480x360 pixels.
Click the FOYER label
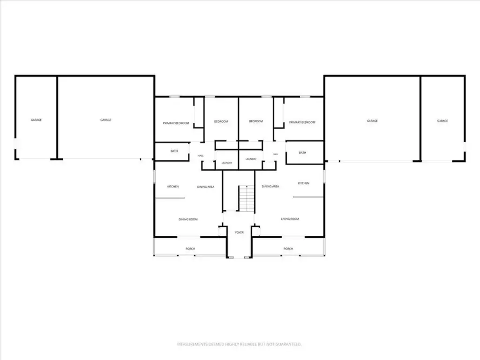pos(240,232)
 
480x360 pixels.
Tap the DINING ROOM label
pos(188,219)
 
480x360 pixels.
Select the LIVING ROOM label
pos(290,219)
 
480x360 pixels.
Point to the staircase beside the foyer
pos(247,198)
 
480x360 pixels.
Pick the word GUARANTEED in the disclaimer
pos(288,345)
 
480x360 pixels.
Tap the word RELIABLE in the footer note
pos(248,345)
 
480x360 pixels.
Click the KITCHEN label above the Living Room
pos(303,183)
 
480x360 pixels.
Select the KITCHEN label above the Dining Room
pos(173,187)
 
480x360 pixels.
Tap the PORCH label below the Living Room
pos(288,248)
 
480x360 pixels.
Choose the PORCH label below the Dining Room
pos(190,248)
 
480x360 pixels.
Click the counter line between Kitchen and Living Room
pos(308,197)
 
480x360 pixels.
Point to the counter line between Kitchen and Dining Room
pos(170,198)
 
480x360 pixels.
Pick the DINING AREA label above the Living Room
pos(270,186)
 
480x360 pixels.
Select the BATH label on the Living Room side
pos(302,152)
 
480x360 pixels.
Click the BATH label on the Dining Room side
pos(174,151)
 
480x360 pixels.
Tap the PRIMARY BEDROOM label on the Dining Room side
pos(176,123)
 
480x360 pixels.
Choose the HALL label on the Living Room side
pos(275,154)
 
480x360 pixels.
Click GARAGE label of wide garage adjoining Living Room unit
pos(372,121)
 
